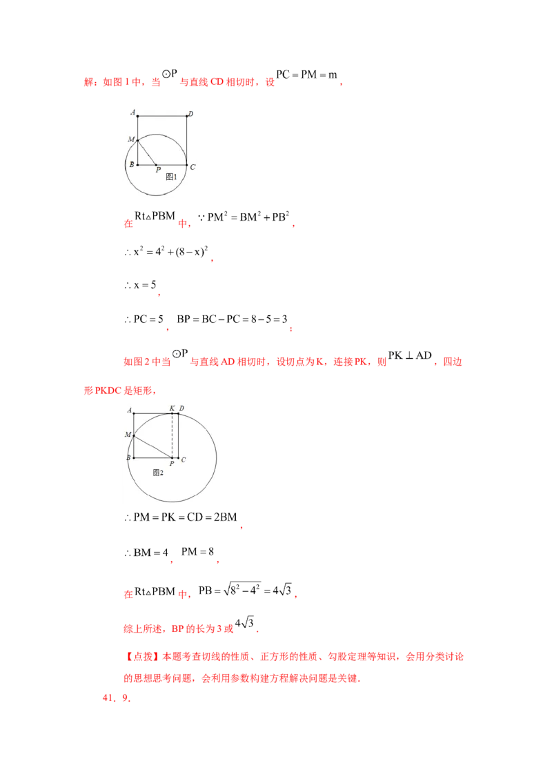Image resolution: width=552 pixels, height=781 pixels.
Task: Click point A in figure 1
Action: tap(137, 116)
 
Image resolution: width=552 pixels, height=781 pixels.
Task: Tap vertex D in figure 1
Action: tap(187, 116)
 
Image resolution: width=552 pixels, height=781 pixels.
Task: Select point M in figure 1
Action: tap(137, 141)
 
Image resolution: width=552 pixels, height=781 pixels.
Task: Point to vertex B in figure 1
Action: tap(137, 165)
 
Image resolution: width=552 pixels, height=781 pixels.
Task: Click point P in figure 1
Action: tap(157, 165)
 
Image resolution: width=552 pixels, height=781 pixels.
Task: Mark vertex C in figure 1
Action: tap(187, 165)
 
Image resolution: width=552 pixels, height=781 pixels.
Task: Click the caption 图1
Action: tap(171, 177)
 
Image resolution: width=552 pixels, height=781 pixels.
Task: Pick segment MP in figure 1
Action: tap(147, 153)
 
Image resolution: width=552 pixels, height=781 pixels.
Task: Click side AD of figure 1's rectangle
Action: tap(162, 116)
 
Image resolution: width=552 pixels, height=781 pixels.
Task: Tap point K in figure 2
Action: tap(172, 413)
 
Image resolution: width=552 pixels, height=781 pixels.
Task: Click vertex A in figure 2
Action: tap(134, 413)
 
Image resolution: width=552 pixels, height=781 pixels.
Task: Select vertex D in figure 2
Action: tap(178, 413)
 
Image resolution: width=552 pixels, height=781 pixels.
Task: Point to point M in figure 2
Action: tap(134, 435)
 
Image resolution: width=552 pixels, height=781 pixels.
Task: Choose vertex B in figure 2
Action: tap(134, 457)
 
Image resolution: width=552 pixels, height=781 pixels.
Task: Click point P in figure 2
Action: tap(172, 457)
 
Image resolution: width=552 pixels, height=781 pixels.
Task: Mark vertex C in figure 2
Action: tap(178, 457)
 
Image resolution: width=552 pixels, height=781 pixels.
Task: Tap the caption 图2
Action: tap(157, 473)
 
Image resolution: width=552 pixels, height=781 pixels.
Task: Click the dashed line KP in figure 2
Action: tap(172, 435)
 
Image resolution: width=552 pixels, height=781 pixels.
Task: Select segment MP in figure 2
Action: tap(152, 446)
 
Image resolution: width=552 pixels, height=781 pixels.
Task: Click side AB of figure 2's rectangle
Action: tap(134, 424)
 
